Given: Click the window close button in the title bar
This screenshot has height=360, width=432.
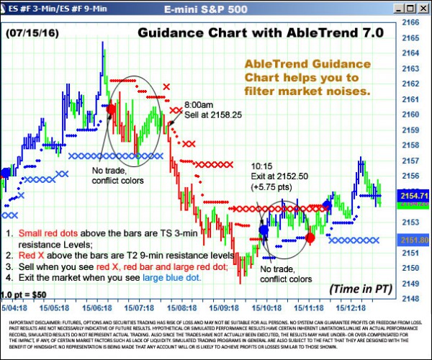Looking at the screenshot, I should [423, 8].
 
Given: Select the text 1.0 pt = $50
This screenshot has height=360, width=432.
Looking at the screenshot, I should [26, 294].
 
